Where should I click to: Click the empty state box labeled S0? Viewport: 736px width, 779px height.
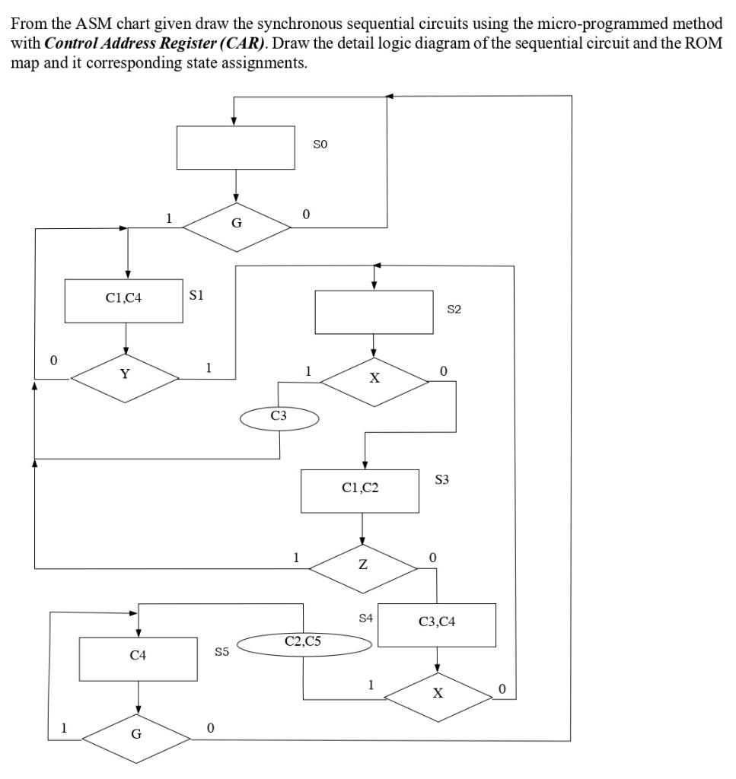(236, 148)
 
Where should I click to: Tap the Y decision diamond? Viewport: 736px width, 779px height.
(125, 374)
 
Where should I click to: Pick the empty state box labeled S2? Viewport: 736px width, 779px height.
(374, 312)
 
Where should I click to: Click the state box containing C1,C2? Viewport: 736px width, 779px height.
(360, 490)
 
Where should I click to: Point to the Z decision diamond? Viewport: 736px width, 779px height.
(363, 565)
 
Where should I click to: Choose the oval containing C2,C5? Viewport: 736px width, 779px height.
(304, 643)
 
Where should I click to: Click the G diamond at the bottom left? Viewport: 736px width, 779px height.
(136, 735)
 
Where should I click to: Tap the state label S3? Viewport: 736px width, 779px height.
(442, 480)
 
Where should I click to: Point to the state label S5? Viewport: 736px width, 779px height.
(221, 652)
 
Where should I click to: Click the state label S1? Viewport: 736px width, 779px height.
(196, 295)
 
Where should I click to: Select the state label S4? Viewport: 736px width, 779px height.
(365, 618)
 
